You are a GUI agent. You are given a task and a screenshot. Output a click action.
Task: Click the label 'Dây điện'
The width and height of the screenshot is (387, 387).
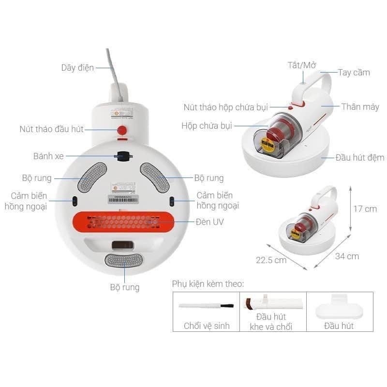pos(77,68)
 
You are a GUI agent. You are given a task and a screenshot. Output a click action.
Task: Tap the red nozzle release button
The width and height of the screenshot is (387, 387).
pos(122,130)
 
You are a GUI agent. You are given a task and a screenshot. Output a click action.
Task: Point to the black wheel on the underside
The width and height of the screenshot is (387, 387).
pos(123,156)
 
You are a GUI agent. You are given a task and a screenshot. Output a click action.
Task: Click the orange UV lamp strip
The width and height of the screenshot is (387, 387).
pos(123,222)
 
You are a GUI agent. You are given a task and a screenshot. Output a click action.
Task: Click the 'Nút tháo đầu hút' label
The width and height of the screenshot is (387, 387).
pos(52,129)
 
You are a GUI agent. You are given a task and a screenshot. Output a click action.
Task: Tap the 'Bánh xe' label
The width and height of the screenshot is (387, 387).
pos(48,156)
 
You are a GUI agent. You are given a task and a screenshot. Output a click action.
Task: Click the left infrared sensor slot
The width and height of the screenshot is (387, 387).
pos(74,201)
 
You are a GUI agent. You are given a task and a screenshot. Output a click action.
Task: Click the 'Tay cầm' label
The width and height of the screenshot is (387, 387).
pos(354,73)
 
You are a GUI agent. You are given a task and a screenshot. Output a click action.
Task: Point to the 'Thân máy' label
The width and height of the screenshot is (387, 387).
pos(360,106)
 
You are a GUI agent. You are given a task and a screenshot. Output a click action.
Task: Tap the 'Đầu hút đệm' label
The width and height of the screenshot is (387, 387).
pos(360,157)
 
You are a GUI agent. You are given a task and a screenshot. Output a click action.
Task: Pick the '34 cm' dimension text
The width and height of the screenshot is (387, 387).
pos(347,256)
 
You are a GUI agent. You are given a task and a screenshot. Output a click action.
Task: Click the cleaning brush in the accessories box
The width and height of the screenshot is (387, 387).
pos(206,306)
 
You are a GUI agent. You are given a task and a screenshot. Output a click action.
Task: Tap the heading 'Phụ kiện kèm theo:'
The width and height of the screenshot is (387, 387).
pos(208,283)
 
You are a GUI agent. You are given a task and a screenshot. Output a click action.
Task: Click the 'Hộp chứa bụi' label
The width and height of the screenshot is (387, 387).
pos(207,125)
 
